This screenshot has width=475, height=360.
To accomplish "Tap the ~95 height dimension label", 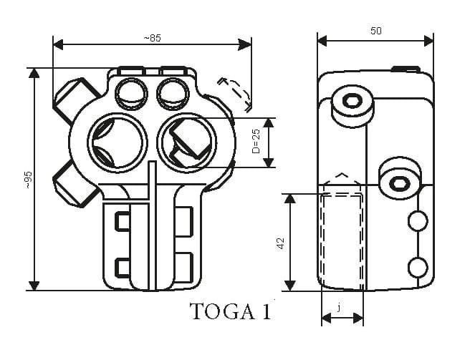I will [27, 179].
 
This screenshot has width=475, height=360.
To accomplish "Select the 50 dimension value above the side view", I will [375, 31].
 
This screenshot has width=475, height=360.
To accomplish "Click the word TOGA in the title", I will [216, 313].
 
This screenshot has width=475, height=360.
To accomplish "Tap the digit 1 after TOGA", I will [266, 313].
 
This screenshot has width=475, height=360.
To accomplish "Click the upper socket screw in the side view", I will [351, 101].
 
